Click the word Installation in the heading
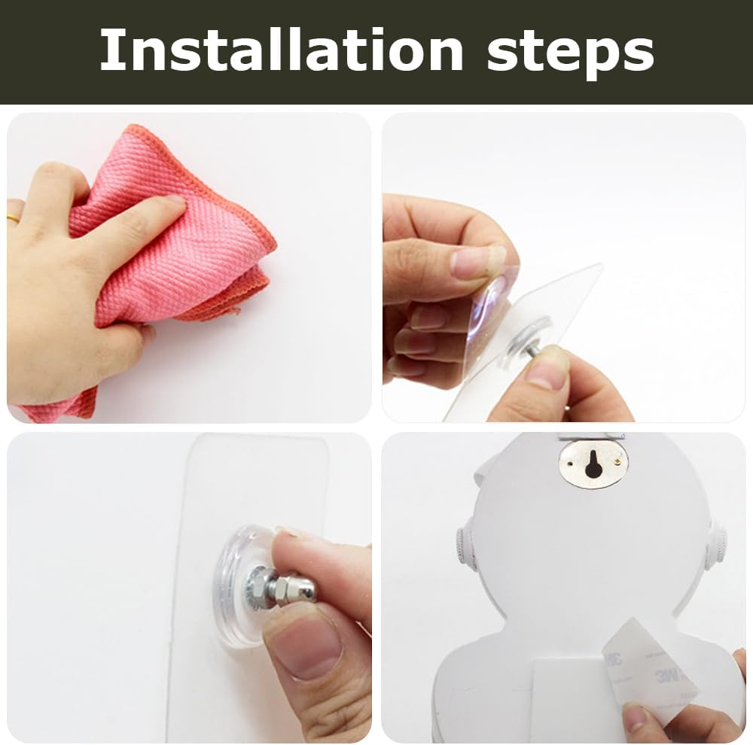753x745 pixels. [x=282, y=50]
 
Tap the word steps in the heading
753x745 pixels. [x=571, y=53]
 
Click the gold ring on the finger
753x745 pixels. [x=13, y=217]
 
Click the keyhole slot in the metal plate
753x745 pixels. [x=593, y=464]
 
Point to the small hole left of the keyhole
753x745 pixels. [x=570, y=464]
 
